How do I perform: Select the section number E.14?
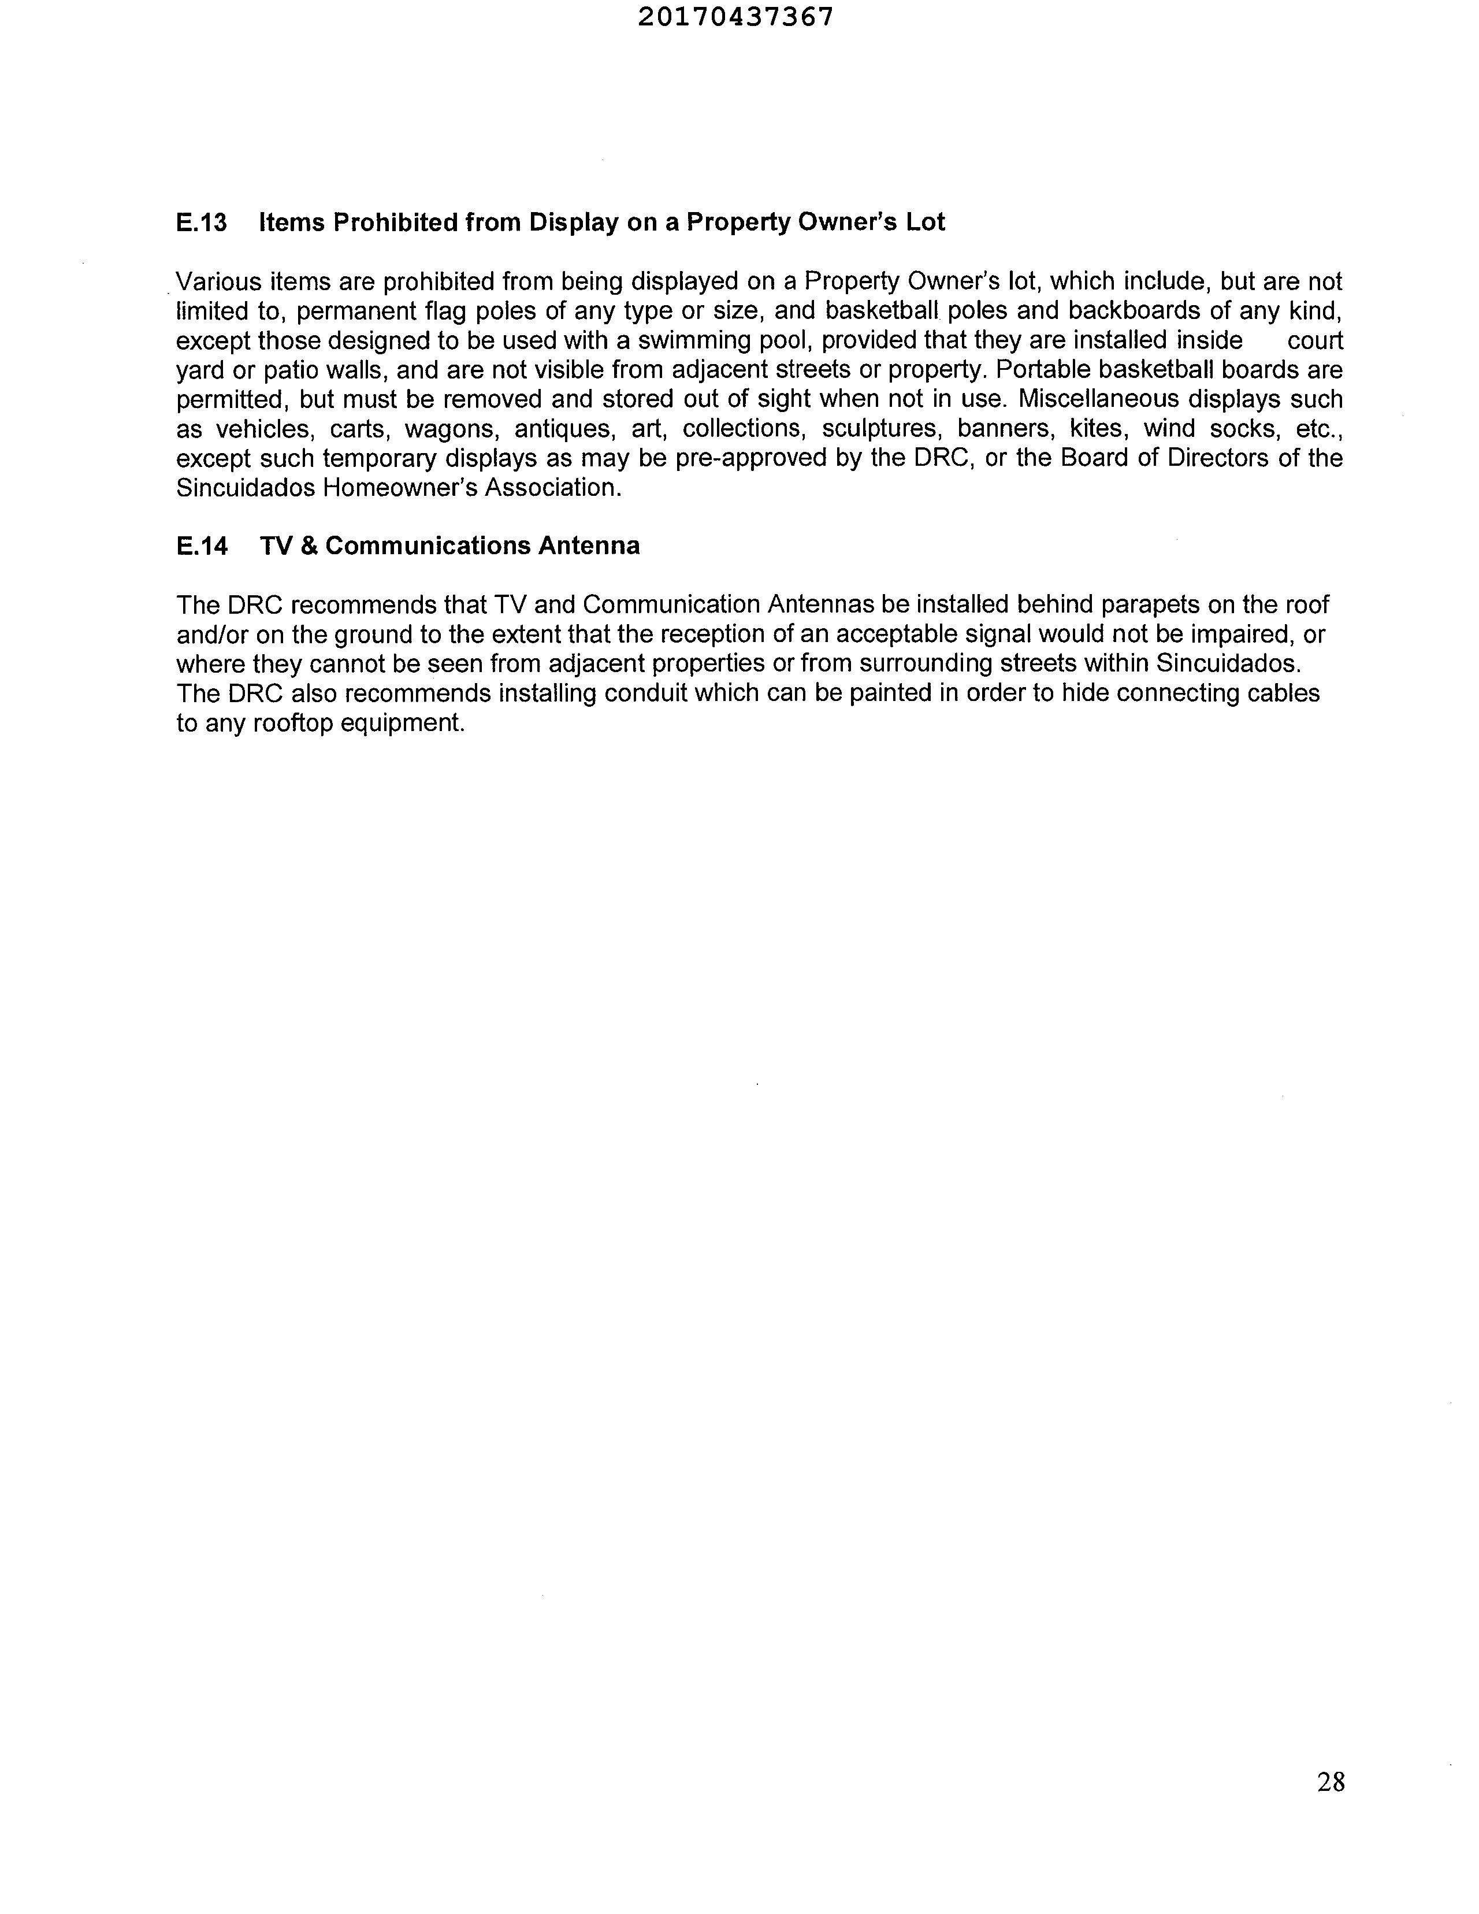pyautogui.click(x=202, y=547)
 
